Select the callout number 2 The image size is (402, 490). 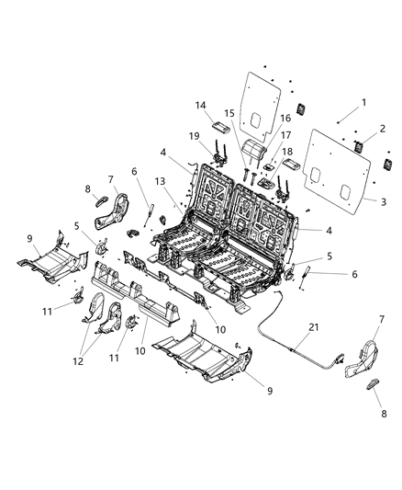pyautogui.click(x=381, y=128)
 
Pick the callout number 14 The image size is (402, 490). pyautogui.click(x=200, y=106)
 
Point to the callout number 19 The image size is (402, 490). pyautogui.click(x=195, y=136)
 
